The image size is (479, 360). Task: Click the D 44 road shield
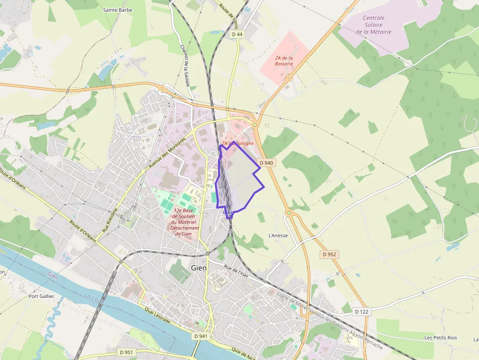237,34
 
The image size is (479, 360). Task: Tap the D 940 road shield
266,163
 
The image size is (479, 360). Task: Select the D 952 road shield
330,254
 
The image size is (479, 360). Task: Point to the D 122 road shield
361,311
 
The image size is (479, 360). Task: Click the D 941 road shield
201,336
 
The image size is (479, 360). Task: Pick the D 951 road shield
126,352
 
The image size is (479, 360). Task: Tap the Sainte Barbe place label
118,9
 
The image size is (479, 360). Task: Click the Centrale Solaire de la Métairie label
373,25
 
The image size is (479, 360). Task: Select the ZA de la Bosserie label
283,61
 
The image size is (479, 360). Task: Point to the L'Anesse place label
278,235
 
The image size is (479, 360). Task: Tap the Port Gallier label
41,296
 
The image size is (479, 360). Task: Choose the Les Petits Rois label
440,338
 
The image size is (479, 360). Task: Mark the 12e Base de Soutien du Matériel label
183,222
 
